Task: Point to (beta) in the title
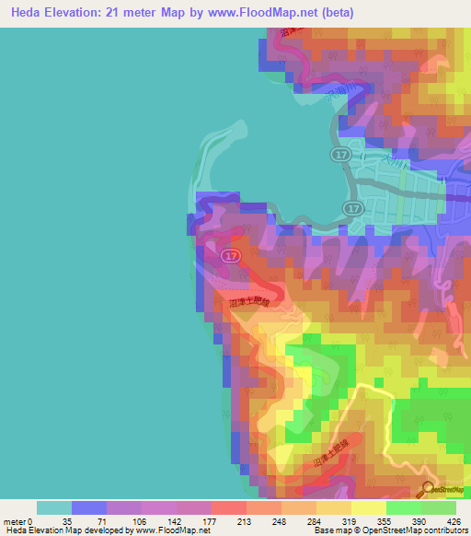[x=334, y=13]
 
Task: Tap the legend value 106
[x=141, y=522]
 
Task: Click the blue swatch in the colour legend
[x=88, y=507]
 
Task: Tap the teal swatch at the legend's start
[x=53, y=507]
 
